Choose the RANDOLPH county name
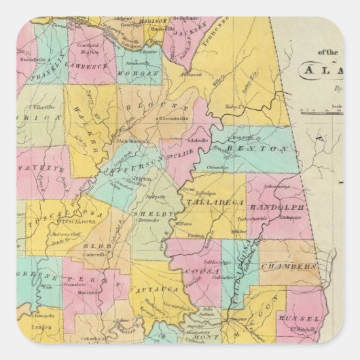(x=278, y=208)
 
